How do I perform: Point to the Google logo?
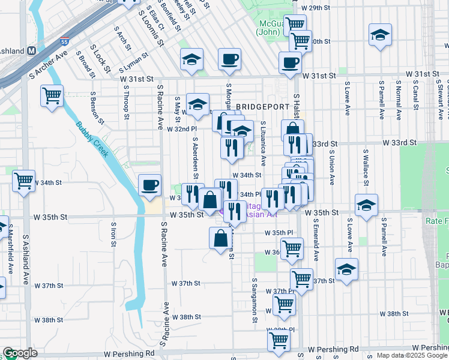click(19, 353)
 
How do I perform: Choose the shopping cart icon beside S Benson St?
click(52, 96)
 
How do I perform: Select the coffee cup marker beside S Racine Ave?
click(149, 185)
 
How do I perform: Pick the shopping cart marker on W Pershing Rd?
click(279, 341)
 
